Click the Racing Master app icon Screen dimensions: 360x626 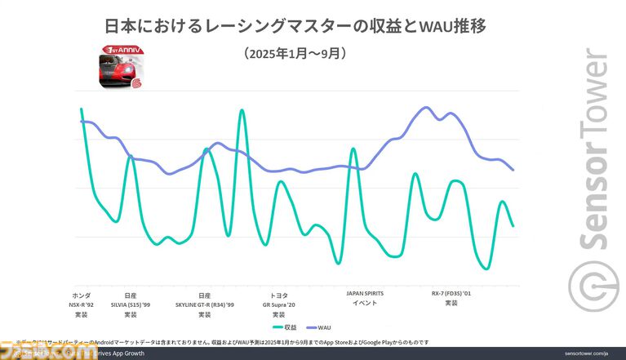pyautogui.click(x=112, y=69)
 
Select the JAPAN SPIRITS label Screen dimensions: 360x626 pyautogui.click(x=364, y=293)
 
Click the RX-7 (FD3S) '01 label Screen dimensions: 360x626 pyautogui.click(x=451, y=293)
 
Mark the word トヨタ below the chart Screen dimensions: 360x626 pyautogui.click(x=278, y=294)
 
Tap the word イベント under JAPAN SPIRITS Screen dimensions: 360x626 pyautogui.click(x=364, y=303)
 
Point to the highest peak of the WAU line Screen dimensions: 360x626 pyautogui.click(x=425, y=107)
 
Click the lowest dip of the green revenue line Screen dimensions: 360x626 pyautogui.click(x=486, y=269)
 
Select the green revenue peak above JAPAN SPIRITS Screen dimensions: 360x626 pyautogui.click(x=353, y=149)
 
